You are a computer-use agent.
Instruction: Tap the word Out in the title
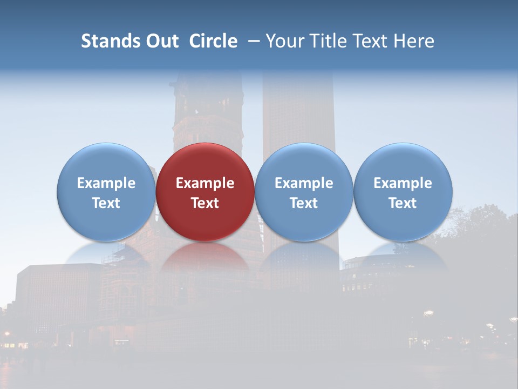(x=161, y=41)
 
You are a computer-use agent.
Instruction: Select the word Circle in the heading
(x=213, y=41)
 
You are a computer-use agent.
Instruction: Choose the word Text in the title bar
(x=368, y=41)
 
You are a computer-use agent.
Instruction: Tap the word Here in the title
(x=413, y=41)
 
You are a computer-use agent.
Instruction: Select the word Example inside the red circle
(x=205, y=183)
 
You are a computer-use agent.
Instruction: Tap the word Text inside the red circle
(x=205, y=203)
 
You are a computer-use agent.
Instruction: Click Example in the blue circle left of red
(x=106, y=183)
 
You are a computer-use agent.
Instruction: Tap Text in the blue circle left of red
(x=106, y=203)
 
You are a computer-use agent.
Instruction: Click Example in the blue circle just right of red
(x=304, y=183)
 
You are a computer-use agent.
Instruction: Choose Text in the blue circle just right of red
(x=304, y=203)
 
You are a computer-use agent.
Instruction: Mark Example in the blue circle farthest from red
(x=403, y=183)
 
